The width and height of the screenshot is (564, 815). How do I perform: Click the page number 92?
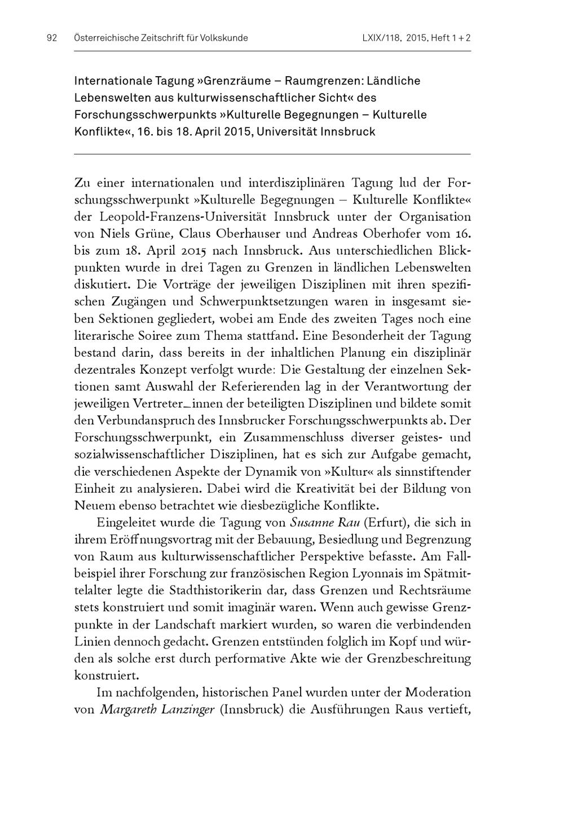pyautogui.click(x=52, y=38)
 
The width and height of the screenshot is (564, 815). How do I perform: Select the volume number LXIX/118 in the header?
pyautogui.click(x=381, y=38)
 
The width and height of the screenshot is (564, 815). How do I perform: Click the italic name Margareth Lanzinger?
pyautogui.click(x=157, y=710)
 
